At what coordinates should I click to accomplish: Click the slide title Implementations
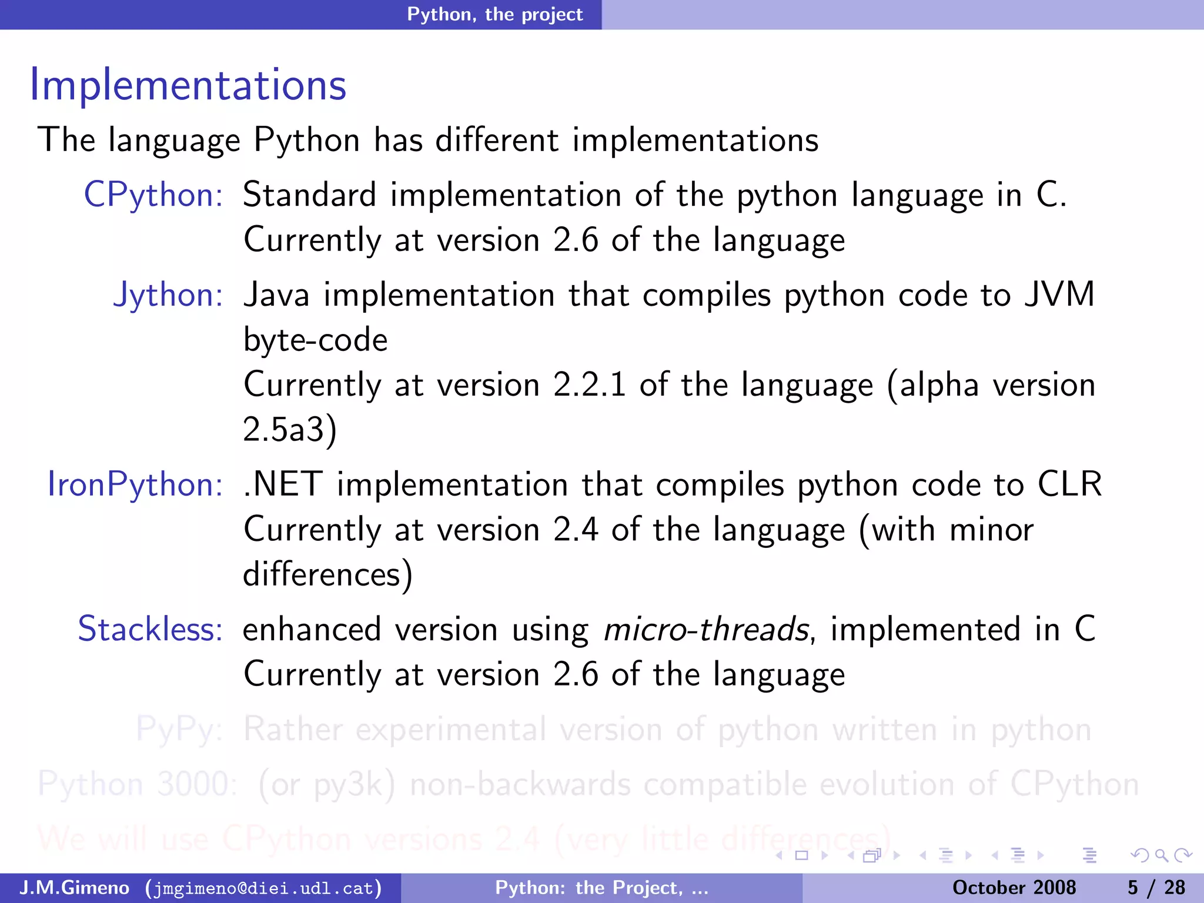click(x=188, y=85)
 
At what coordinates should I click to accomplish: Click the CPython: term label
click(x=153, y=195)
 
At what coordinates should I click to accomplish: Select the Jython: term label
click(x=168, y=295)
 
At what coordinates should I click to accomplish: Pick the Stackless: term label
click(x=150, y=629)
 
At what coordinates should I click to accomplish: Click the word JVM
click(x=1059, y=295)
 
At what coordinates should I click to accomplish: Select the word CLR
click(x=1069, y=484)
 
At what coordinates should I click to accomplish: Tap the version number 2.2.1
click(x=589, y=385)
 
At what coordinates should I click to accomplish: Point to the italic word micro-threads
click(x=706, y=629)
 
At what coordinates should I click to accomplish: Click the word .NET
click(x=283, y=484)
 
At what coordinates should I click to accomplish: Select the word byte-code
click(x=316, y=340)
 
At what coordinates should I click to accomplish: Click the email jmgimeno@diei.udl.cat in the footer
click(x=263, y=888)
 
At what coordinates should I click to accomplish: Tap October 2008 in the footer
click(x=1014, y=888)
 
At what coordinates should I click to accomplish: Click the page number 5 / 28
click(x=1156, y=888)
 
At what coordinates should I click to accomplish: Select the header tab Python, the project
click(x=494, y=14)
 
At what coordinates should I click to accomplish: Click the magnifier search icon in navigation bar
click(x=1161, y=855)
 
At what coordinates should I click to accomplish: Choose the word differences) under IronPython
click(x=327, y=574)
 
